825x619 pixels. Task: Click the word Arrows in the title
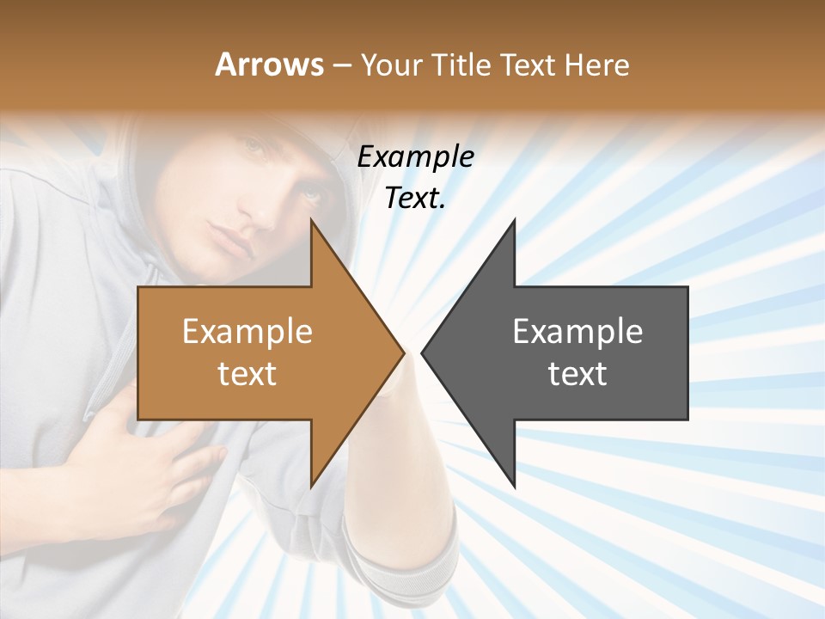pos(269,64)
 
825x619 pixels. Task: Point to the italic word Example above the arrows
pos(416,156)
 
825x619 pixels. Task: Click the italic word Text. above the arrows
pos(416,198)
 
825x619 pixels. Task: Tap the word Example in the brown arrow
pos(247,331)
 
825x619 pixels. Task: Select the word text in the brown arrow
pos(247,373)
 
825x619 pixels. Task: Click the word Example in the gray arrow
pos(577,331)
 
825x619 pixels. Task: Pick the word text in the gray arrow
pos(577,373)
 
